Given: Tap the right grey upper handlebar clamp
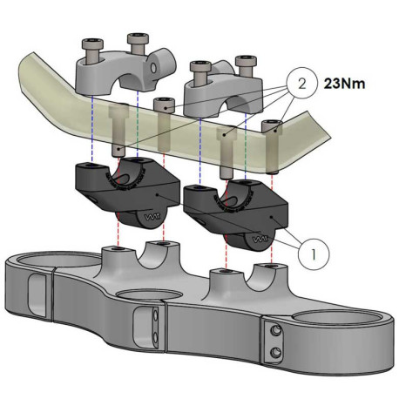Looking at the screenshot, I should coord(225,91).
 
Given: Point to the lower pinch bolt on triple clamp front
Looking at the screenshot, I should coord(276,351).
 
